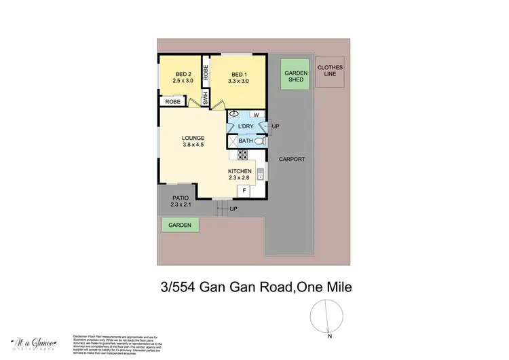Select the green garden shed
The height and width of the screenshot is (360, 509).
tap(297, 77)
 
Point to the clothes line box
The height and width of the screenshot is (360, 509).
tap(331, 71)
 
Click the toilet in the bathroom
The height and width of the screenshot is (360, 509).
tap(259, 141)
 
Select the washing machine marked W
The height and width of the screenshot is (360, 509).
tap(256, 115)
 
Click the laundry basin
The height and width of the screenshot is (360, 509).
tap(235, 114)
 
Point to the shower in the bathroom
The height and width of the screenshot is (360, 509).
tap(232, 141)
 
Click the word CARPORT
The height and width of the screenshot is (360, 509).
tap(291, 159)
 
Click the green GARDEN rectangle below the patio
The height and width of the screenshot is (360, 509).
tap(180, 225)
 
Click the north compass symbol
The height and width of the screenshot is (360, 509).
tap(326, 317)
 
